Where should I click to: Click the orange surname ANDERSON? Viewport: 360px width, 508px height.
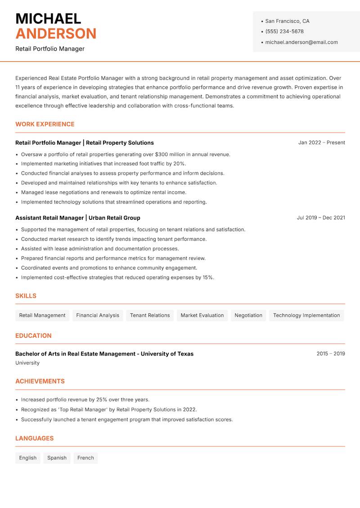pos(56,34)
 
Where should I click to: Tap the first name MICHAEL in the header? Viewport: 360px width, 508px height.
pos(48,19)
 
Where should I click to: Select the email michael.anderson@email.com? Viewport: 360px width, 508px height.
pos(301,42)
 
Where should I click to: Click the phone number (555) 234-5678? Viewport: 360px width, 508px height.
pos(284,31)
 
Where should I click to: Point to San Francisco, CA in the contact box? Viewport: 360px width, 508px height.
pos(287,21)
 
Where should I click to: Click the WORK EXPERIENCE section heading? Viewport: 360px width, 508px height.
pos(45,124)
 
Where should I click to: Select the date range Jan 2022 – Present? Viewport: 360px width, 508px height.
pos(321,143)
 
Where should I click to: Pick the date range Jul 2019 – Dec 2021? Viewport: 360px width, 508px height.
pos(320,218)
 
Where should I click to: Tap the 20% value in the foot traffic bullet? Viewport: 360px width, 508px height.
pos(179,164)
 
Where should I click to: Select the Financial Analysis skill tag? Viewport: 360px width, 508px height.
pos(98,315)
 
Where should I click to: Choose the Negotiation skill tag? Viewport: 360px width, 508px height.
pos(248,315)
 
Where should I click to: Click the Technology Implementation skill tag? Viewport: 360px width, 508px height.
pos(306,315)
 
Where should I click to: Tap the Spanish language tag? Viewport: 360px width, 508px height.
pos(57,458)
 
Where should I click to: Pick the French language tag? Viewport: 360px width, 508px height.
pos(85,458)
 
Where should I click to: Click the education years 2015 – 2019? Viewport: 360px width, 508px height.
pos(330,354)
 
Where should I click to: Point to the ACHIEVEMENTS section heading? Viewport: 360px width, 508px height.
pos(40,381)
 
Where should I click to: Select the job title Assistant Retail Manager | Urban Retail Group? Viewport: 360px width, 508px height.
pos(78,218)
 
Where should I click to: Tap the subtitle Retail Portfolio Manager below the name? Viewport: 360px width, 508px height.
pos(50,49)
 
